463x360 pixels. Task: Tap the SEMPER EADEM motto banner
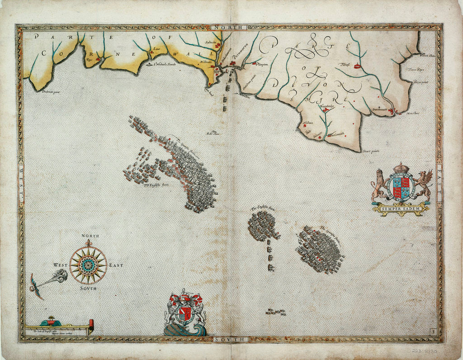tap(401, 208)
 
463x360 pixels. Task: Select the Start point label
tap(371, 151)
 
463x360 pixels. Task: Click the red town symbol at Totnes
tap(358, 66)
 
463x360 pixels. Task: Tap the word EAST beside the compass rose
tap(116, 265)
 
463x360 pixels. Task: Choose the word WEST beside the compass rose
tap(61, 265)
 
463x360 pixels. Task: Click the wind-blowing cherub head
tap(61, 275)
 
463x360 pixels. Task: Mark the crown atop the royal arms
tap(400, 168)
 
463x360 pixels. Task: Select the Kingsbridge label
tap(330, 107)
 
